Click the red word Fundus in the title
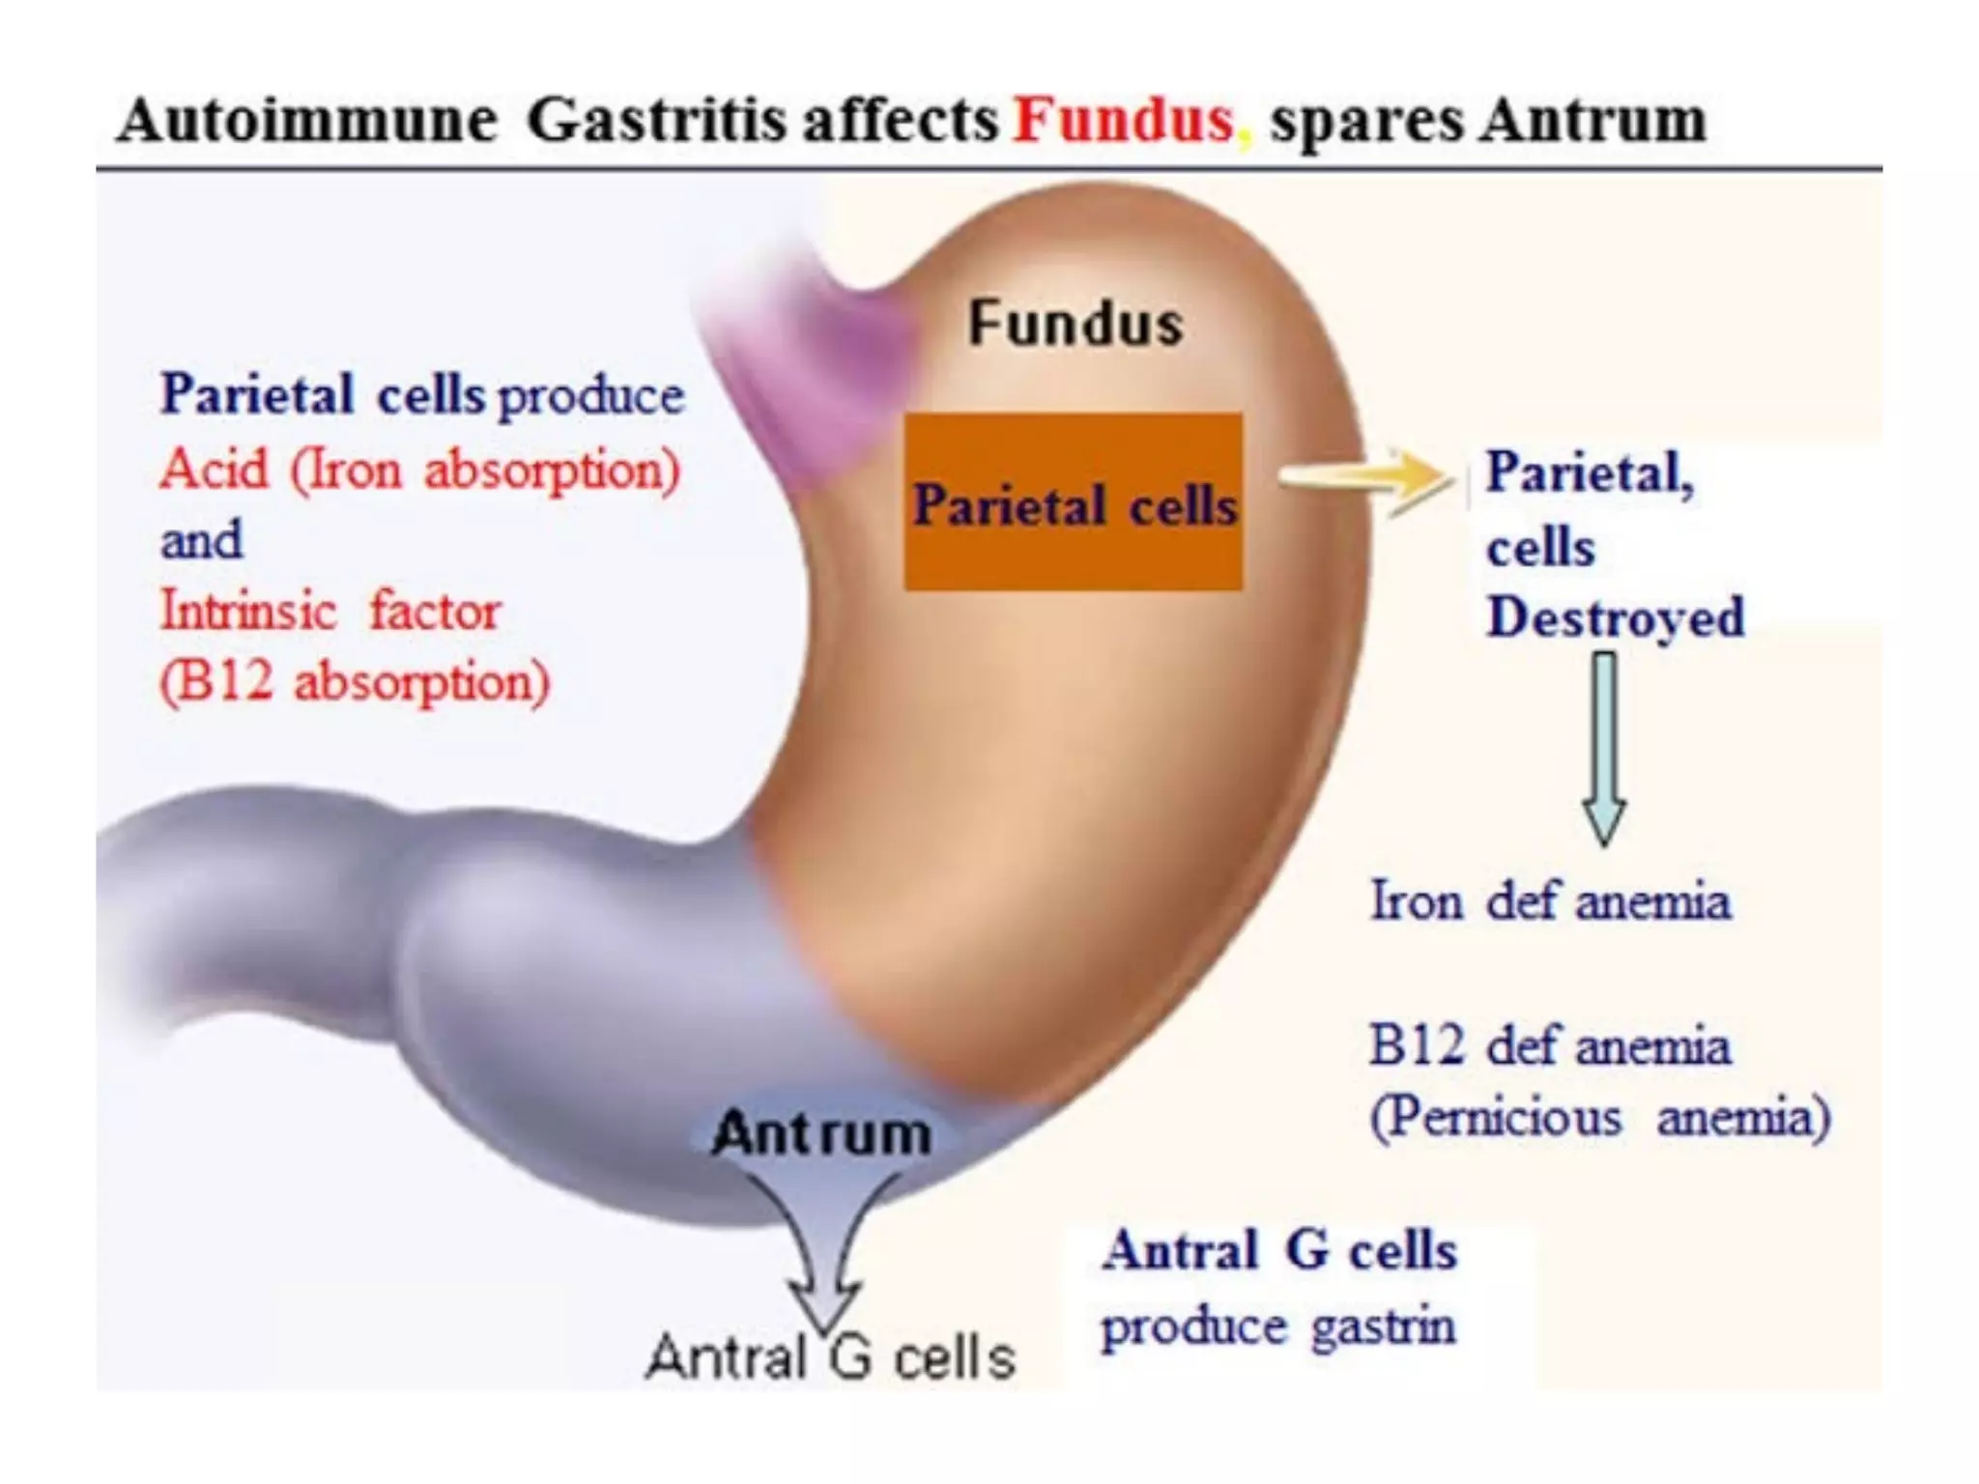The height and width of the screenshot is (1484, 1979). click(1124, 121)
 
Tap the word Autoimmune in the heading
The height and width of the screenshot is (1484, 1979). click(307, 122)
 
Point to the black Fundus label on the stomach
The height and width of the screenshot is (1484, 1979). click(1075, 323)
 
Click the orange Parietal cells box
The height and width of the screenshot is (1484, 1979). click(1073, 502)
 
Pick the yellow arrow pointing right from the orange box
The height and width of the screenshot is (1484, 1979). click(1366, 479)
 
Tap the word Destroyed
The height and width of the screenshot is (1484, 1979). click(1616, 617)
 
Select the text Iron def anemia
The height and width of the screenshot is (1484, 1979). click(1550, 901)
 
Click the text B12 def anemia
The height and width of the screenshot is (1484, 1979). click(1549, 1046)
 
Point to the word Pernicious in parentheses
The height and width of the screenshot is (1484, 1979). click(1496, 1119)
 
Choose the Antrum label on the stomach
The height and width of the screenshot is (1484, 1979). click(821, 1133)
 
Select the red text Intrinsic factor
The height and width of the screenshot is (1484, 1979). click(330, 612)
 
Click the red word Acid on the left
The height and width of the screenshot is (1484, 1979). click(215, 471)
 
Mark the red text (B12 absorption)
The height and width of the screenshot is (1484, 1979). click(355, 682)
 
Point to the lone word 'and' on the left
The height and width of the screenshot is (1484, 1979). click(201, 540)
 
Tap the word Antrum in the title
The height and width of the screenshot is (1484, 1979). click(1594, 122)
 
